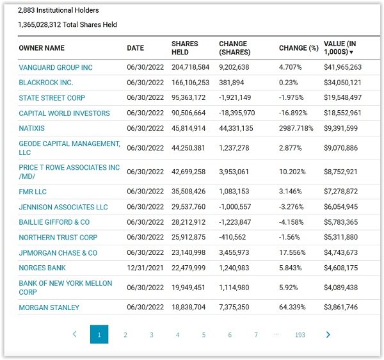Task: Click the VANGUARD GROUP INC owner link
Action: point(56,67)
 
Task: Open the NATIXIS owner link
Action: point(31,128)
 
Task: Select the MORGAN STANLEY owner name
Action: point(49,307)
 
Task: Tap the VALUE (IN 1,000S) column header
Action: point(340,48)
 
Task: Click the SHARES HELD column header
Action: point(185,48)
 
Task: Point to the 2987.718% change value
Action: point(296,128)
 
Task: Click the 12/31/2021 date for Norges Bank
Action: point(145,268)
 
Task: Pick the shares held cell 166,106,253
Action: point(190,83)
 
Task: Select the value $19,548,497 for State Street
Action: point(342,97)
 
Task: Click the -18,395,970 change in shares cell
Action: point(237,113)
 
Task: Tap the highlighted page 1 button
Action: point(99,334)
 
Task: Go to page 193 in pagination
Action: point(300,335)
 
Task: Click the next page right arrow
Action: point(328,334)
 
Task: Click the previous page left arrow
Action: point(75,334)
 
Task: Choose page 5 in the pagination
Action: point(204,335)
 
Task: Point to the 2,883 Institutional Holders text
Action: point(58,10)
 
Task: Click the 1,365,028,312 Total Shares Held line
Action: point(67,24)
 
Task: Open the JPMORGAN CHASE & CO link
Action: point(58,252)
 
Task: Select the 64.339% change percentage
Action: point(292,307)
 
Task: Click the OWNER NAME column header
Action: point(42,48)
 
